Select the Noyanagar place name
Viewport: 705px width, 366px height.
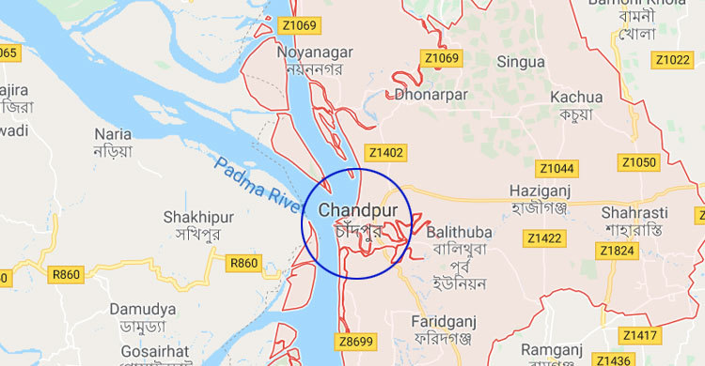pos(314,52)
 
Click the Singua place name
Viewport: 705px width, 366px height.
pos(520,61)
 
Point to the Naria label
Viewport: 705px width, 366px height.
pos(112,134)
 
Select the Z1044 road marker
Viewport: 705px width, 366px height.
pos(556,168)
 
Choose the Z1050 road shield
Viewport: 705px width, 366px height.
pos(638,162)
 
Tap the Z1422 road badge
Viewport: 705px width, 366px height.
pos(545,238)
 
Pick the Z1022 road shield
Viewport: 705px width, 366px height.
pos(673,60)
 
